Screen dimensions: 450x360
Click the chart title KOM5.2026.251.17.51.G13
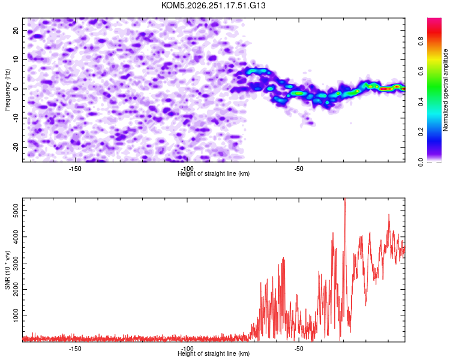coord(213,5)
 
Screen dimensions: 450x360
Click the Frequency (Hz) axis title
coord(7,89)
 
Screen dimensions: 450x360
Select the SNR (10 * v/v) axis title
coord(7,270)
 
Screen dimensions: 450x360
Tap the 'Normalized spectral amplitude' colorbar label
coord(445,89)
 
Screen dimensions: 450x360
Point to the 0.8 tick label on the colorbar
coord(421,41)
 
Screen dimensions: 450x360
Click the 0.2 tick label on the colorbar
coord(421,131)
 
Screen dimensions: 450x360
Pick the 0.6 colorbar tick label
coord(421,71)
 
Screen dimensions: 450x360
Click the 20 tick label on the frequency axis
coord(16,31)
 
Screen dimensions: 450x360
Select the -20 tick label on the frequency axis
coord(16,147)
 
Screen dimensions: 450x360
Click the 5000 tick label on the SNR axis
coord(16,211)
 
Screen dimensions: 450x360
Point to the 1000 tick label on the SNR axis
coord(16,316)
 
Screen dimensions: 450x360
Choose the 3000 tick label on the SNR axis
coord(16,263)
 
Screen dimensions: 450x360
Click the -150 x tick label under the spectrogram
coord(75,169)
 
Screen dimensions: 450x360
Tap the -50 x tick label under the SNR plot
coord(299,349)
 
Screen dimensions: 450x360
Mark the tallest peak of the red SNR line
coord(345,199)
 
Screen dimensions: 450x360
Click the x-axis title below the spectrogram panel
coord(214,173)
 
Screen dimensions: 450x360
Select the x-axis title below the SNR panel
coord(214,353)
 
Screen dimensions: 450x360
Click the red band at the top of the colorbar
coord(434,32)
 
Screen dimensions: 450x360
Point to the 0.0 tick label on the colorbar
coord(421,163)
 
